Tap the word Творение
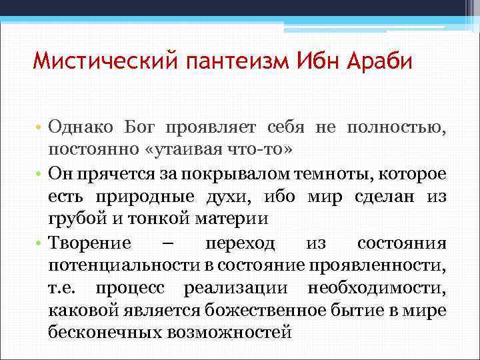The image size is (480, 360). tap(90, 242)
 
